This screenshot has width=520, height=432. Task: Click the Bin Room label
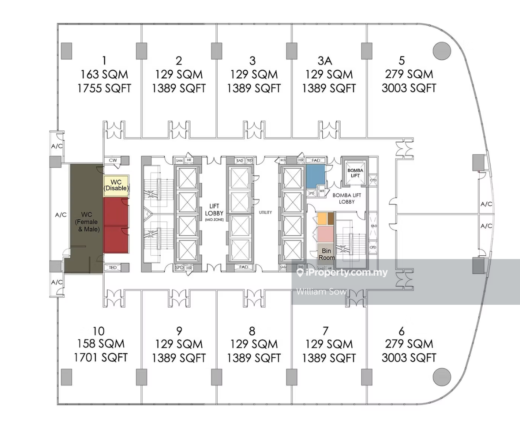(x=326, y=254)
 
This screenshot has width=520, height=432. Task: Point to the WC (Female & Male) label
(x=87, y=222)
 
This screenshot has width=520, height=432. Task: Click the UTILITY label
(x=265, y=212)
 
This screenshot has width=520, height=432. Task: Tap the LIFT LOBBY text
(x=214, y=210)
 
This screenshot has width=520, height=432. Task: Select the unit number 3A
(x=325, y=61)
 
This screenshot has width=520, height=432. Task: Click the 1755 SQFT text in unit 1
(x=104, y=88)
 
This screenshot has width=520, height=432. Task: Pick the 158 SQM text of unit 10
(x=101, y=344)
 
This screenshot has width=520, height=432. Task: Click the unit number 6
(x=401, y=331)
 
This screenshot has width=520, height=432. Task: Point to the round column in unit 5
(x=442, y=51)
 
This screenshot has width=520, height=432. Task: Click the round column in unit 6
(x=442, y=377)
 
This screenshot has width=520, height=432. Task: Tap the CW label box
(x=113, y=160)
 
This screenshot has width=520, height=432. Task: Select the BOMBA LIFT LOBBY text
(x=347, y=198)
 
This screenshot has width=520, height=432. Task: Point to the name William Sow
(x=321, y=291)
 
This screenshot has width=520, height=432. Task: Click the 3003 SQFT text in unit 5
(x=409, y=88)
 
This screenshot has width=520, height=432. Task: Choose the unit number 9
(x=179, y=331)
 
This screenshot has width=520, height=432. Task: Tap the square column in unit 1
(x=66, y=51)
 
